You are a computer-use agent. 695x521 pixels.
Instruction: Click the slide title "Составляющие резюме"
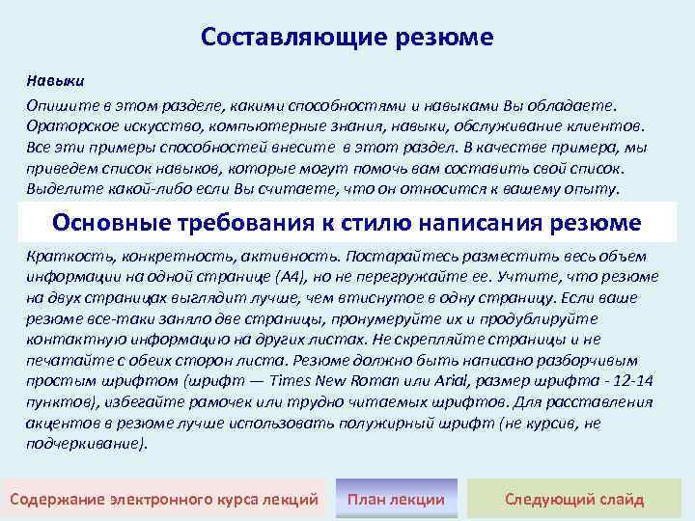347,38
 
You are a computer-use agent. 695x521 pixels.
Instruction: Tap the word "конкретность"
156,256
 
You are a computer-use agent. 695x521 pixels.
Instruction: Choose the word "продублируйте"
514,318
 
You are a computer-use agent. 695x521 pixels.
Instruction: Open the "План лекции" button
396,499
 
